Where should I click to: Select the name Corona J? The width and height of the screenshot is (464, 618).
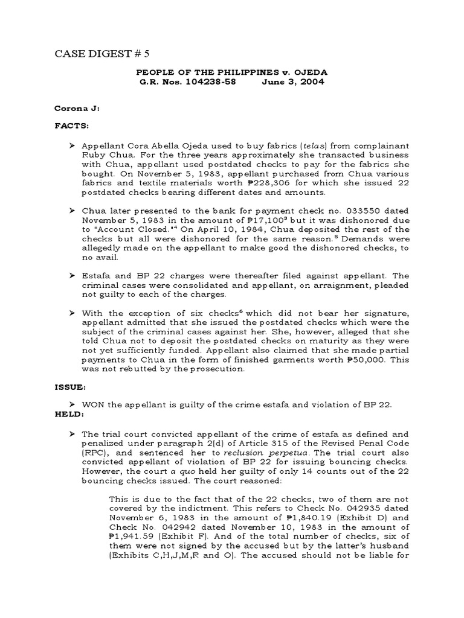pos(79,110)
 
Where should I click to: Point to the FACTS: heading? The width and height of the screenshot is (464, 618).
pos(72,128)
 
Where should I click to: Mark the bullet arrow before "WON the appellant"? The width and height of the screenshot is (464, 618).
pos(72,404)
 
